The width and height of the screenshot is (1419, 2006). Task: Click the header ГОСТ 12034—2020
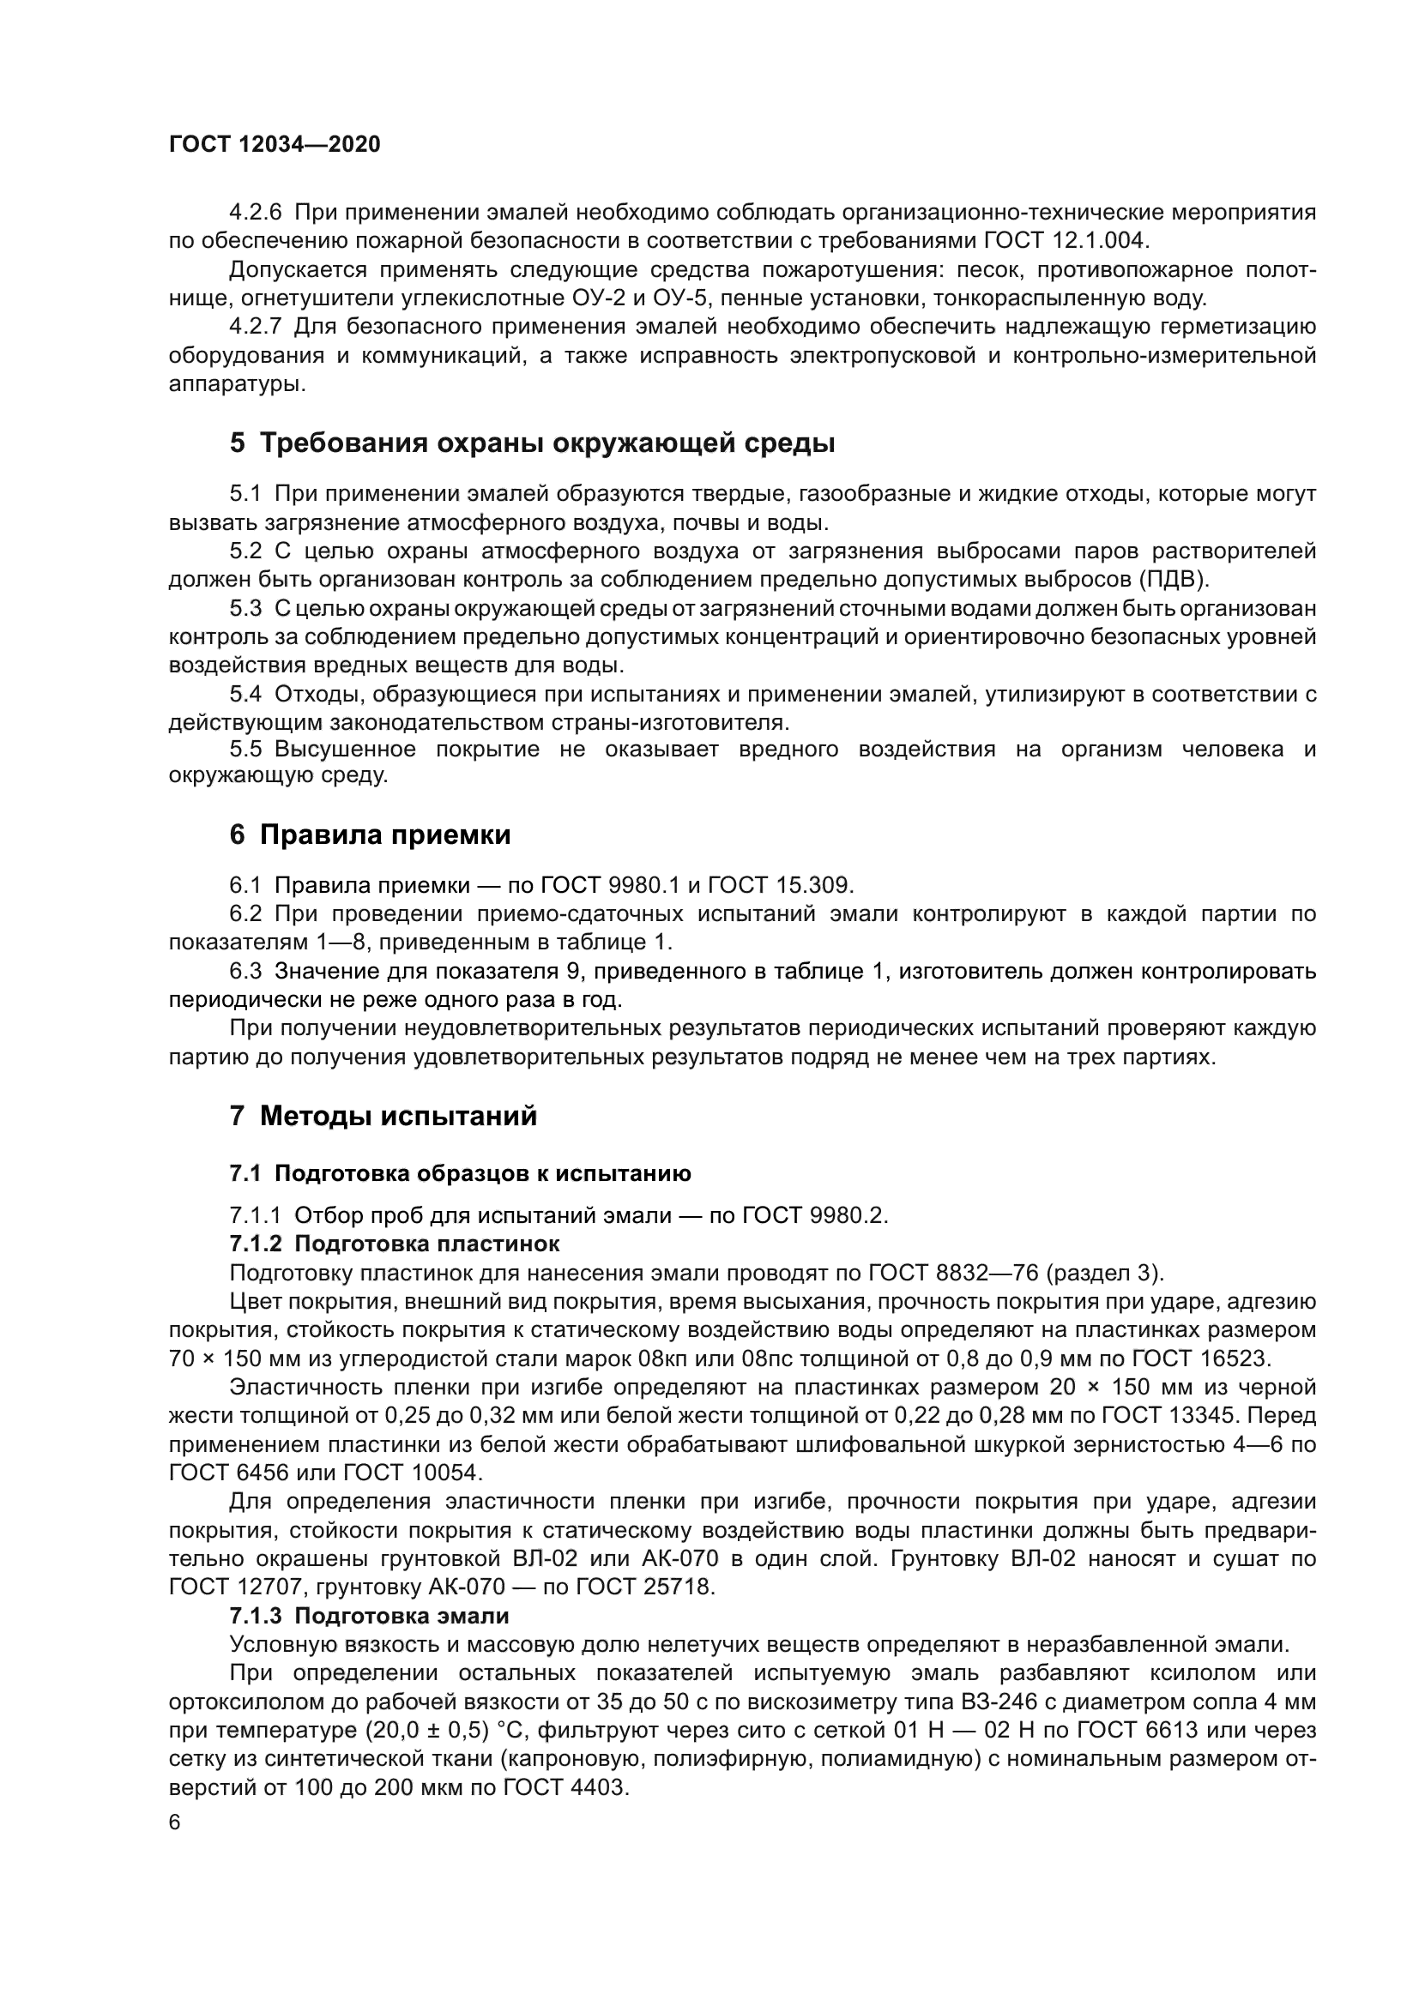pos(275,145)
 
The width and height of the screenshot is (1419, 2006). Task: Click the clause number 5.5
pos(245,750)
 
